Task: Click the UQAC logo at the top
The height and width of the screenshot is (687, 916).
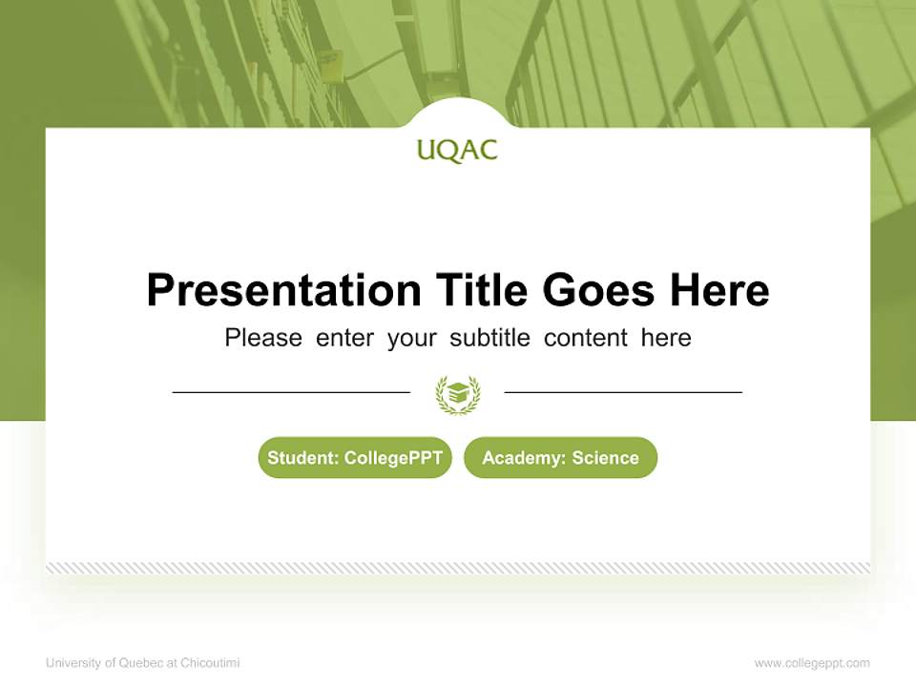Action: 457,151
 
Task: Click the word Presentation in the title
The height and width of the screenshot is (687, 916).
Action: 283,290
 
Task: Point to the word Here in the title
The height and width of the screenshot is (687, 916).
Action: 718,290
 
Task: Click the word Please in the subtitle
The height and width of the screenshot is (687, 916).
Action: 263,338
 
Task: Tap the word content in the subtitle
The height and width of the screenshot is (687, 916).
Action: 586,338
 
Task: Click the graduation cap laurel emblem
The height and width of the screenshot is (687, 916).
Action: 457,394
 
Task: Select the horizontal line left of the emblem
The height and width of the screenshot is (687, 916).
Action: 291,392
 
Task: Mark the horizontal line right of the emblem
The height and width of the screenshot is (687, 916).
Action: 623,392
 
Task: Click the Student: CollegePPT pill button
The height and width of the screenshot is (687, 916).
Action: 355,458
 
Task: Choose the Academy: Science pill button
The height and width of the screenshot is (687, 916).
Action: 560,458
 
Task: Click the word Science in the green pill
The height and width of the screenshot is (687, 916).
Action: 605,458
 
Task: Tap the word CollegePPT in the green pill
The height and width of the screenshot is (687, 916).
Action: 393,458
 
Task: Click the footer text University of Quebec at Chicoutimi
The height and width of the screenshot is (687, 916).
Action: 143,663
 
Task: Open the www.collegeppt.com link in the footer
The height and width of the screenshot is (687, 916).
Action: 812,663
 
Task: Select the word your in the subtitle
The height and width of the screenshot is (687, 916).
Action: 411,338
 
